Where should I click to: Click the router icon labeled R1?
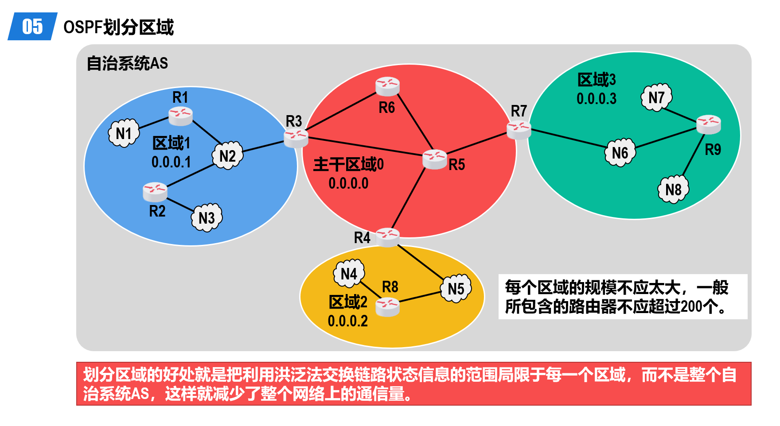180,116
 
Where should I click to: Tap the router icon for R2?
155,192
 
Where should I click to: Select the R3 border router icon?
296,138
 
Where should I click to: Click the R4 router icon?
388,237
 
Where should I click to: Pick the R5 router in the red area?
435,159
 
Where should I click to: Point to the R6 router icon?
387,86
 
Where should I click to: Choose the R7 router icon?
519,130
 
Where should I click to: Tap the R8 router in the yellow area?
387,307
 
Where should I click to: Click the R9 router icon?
709,124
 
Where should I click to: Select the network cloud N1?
124,133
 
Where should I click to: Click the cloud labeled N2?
228,155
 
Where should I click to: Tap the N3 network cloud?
207,217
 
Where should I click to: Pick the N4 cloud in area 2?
349,273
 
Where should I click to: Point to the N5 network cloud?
456,288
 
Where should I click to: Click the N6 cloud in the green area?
620,152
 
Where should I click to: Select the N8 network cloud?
673,189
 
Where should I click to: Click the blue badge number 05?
33,27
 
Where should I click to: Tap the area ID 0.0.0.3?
597,99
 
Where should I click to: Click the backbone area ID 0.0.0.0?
348,183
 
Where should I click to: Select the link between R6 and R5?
415,122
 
